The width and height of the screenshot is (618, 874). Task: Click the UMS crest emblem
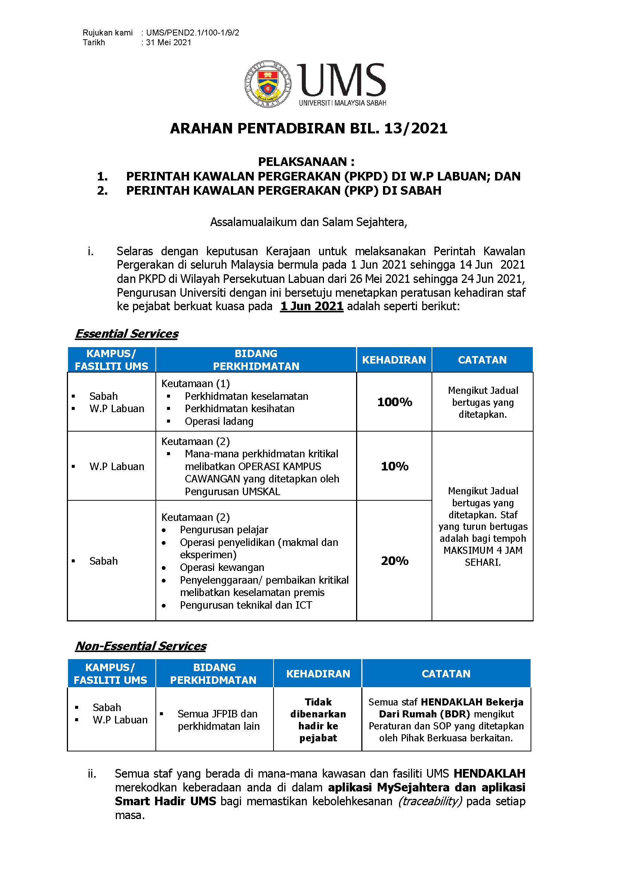tap(268, 84)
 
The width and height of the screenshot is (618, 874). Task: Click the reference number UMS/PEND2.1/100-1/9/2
tap(192, 33)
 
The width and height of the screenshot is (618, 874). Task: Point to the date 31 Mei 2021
tap(169, 43)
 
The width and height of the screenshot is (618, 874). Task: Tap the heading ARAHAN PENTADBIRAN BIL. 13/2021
tap(309, 129)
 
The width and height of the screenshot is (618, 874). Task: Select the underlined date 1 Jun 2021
tap(312, 306)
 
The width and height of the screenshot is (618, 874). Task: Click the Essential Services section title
tap(127, 334)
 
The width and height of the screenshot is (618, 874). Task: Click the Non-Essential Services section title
tap(141, 646)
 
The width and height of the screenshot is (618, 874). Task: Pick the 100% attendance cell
tap(395, 402)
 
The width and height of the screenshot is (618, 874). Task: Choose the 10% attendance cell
tap(395, 466)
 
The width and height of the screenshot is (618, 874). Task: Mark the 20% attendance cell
tap(395, 561)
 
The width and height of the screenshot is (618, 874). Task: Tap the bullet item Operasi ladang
tap(219, 421)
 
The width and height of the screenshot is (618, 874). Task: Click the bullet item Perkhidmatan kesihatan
tap(240, 409)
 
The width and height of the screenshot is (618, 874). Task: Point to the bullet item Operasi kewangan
tap(222, 568)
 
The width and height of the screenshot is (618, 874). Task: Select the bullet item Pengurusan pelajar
tap(224, 530)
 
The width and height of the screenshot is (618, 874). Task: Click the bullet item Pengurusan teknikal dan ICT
tap(246, 605)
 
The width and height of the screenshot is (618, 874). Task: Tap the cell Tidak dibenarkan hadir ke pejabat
tap(318, 720)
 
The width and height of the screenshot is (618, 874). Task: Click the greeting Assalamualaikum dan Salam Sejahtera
tap(309, 222)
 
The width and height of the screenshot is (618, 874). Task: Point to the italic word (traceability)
tap(430, 801)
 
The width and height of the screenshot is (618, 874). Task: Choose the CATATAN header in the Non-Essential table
tap(446, 674)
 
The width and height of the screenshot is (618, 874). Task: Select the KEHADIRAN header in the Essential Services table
tap(394, 360)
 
